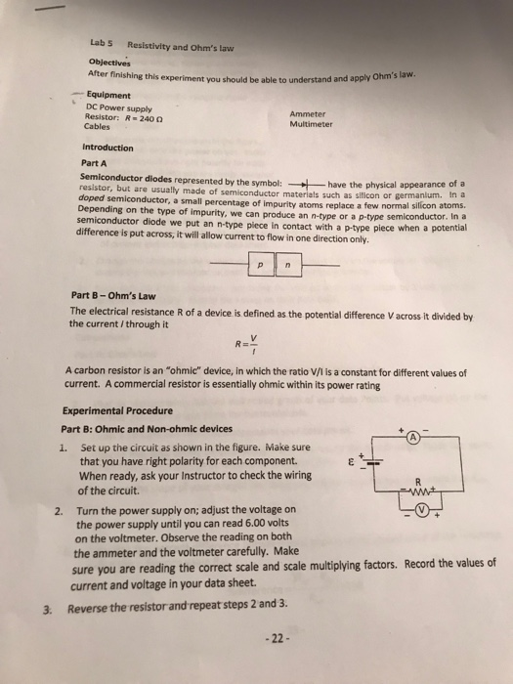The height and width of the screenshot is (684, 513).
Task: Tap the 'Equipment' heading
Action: click(x=109, y=95)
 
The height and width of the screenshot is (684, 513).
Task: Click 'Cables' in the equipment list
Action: click(x=98, y=126)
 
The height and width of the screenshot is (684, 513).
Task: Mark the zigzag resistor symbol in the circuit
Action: click(x=417, y=492)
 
